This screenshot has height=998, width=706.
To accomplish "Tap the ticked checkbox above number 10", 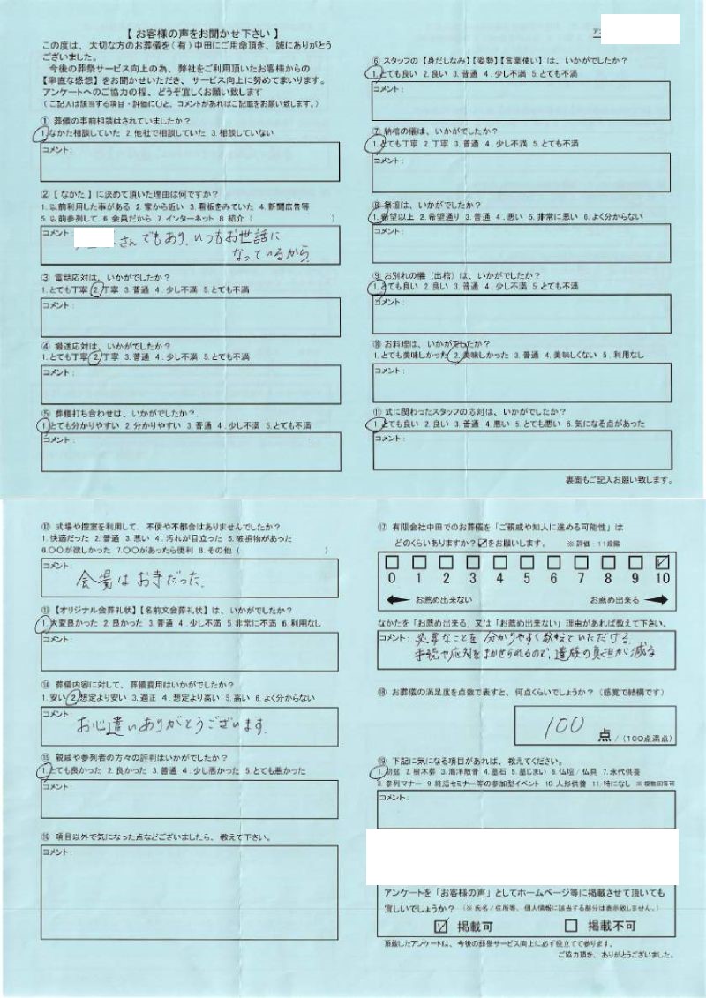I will pos(664,562).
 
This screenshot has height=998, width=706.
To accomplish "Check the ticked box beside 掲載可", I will pos(442,926).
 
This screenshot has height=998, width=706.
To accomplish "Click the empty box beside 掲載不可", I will pos(570,926).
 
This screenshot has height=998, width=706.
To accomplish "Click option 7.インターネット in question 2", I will pos(187,216).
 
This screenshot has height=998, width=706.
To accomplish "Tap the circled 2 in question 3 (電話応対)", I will pos(96,289).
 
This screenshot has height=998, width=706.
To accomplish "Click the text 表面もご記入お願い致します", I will pos(619,480).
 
